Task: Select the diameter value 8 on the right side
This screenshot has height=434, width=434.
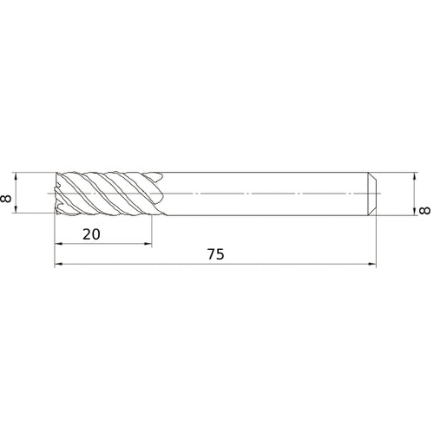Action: (x=424, y=211)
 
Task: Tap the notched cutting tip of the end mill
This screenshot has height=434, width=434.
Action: (x=58, y=192)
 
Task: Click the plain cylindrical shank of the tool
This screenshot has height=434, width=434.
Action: (x=260, y=192)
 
